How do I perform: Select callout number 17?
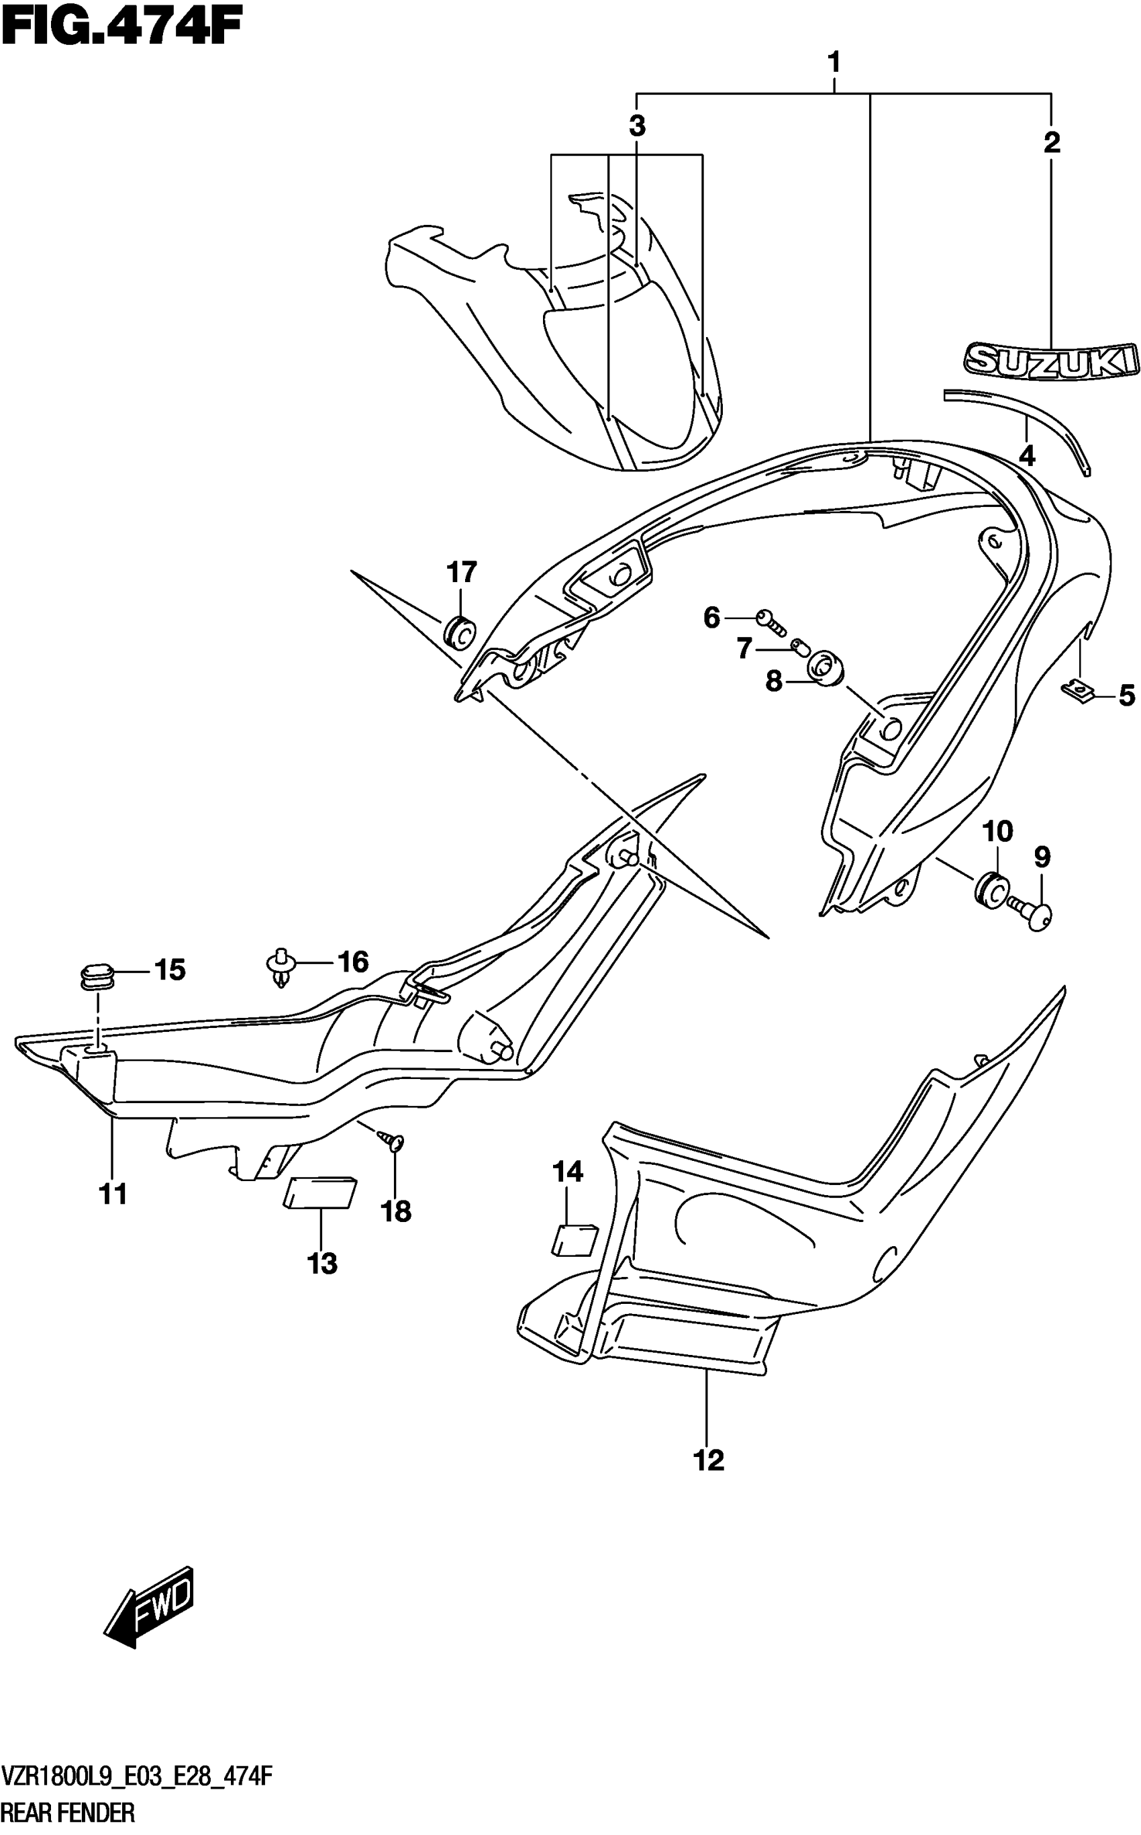(462, 572)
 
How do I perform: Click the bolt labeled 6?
(771, 620)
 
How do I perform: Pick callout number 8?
(773, 681)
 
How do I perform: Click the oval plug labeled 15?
(97, 974)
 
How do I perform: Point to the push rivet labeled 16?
(281, 967)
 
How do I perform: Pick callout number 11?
(113, 1194)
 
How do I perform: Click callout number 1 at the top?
(834, 62)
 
